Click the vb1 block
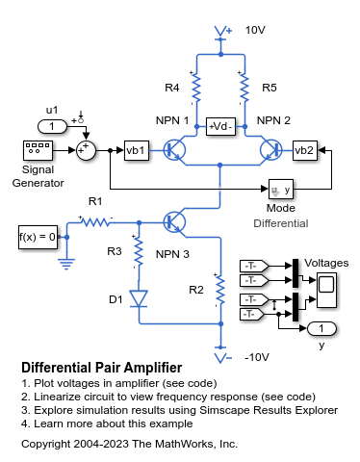coord(137,150)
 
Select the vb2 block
coord(304,150)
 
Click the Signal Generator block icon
coord(38,150)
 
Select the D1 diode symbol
coord(137,299)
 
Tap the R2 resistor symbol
coord(219,289)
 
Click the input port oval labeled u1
coord(52,126)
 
